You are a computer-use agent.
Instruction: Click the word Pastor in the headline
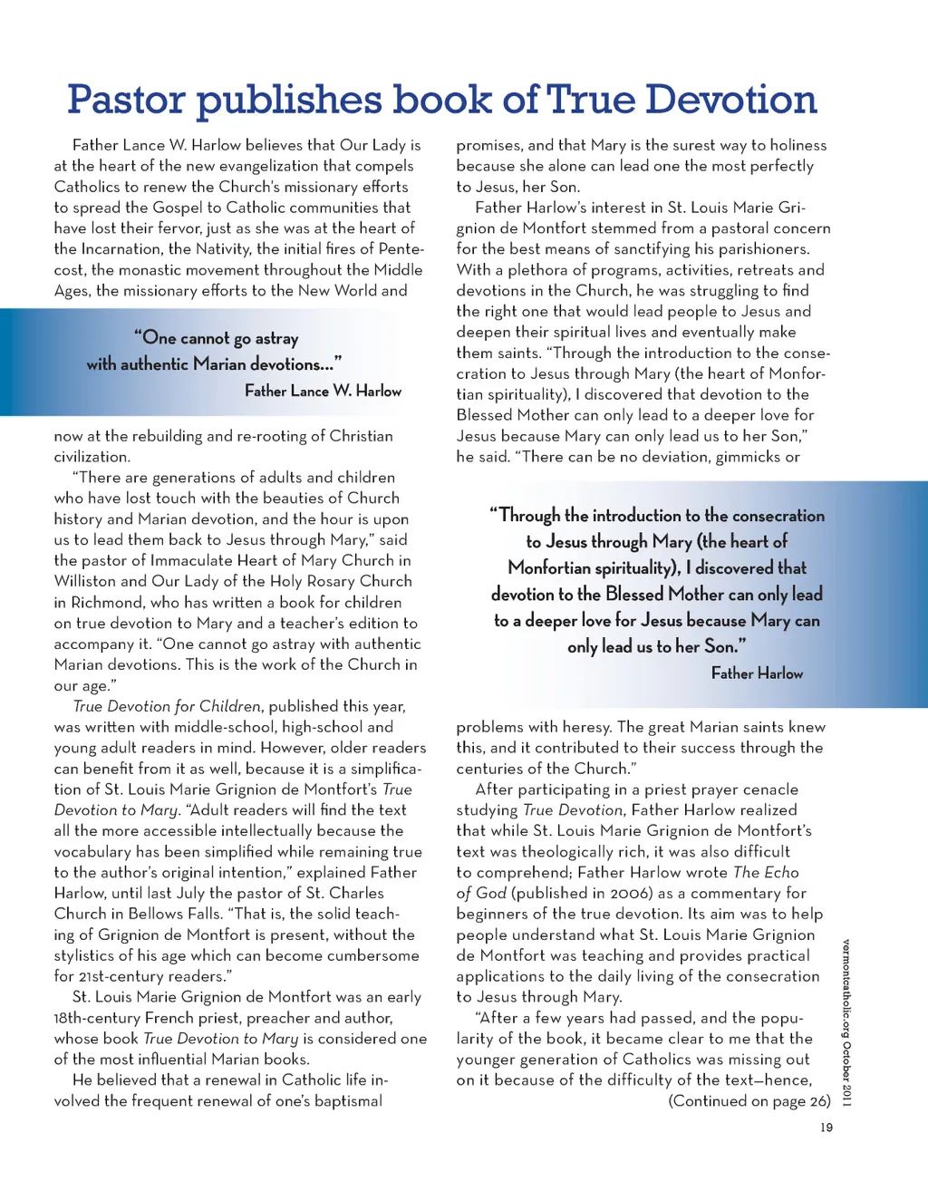(x=126, y=100)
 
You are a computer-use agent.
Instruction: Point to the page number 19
(x=826, y=1128)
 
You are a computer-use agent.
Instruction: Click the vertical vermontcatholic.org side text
(x=846, y=1022)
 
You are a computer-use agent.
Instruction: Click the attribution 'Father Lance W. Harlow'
(x=323, y=391)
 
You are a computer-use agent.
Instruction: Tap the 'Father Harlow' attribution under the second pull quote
(x=757, y=673)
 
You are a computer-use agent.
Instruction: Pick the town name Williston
(x=85, y=581)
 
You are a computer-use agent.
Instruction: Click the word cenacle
(x=771, y=789)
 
